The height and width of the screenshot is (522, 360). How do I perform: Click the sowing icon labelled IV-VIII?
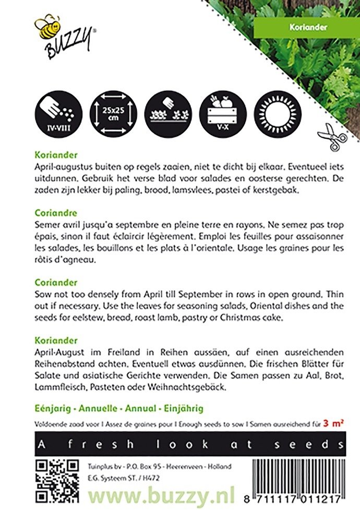56,111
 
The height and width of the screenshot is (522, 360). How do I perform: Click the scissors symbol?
332,137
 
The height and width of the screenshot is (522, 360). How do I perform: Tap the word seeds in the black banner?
310,444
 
